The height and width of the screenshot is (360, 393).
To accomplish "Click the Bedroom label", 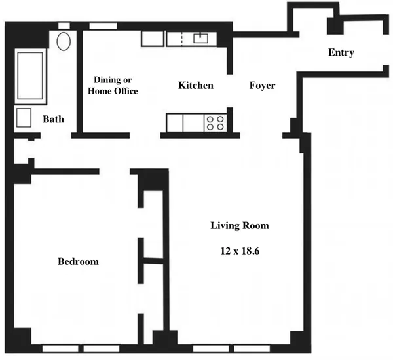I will (x=79, y=262).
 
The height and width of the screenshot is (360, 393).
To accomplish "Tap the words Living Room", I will (x=239, y=226).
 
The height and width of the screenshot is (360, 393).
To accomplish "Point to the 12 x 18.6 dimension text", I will (x=239, y=251).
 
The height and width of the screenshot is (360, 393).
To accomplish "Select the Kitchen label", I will (x=196, y=86).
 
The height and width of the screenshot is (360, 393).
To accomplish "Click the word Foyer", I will (x=261, y=86).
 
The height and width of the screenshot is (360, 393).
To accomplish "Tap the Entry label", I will (x=341, y=53).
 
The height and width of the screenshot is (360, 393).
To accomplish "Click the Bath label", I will (x=53, y=120).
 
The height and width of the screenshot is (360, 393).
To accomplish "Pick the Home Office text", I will (x=113, y=92).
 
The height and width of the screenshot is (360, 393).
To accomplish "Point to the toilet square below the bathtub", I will (x=24, y=118).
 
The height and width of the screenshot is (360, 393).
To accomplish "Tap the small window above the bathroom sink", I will (x=64, y=26).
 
